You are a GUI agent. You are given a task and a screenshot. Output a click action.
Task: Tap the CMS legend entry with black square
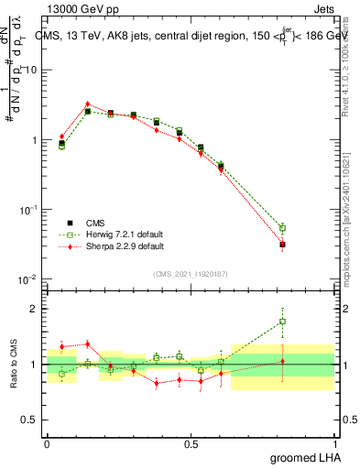point(94,223)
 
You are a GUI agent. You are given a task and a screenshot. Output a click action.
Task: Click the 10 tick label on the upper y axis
point(31,71)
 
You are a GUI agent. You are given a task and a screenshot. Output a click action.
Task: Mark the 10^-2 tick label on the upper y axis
point(27,279)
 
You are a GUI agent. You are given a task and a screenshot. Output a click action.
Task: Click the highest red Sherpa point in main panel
point(87,104)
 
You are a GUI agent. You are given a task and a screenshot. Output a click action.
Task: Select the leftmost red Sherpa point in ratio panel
point(61,346)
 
